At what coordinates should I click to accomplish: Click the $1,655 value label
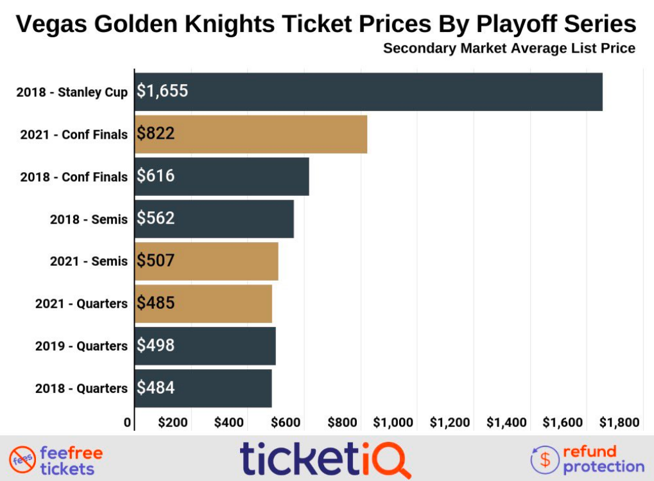coord(162,91)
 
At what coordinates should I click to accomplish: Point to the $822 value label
coord(156,134)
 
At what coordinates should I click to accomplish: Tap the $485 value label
coord(156,303)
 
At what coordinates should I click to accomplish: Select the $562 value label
coord(156,218)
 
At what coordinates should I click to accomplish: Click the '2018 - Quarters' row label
coord(81,389)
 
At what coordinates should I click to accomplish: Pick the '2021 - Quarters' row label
coord(81,304)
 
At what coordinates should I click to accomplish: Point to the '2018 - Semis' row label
coord(89,219)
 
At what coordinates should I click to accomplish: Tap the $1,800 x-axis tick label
coord(619,423)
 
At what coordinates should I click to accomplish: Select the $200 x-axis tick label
coord(173,423)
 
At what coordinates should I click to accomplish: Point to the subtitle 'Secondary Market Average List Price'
coord(509,48)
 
